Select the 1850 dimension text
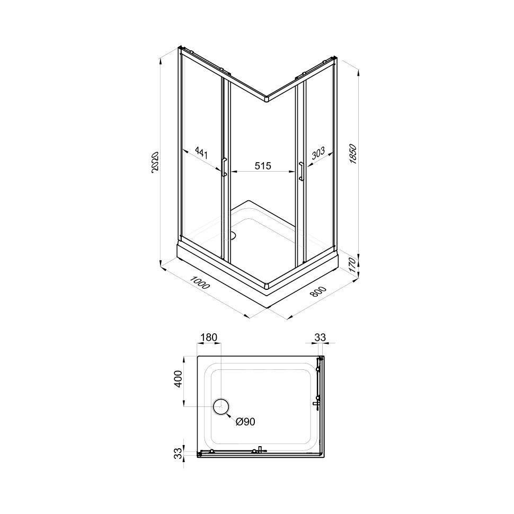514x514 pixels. tap(353, 154)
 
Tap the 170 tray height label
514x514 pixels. tap(352, 265)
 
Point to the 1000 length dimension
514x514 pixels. tap(200, 283)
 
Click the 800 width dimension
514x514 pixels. tap(318, 291)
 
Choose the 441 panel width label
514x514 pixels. tap(201, 153)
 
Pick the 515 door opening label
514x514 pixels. tap(263, 166)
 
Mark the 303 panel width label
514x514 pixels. tap(318, 153)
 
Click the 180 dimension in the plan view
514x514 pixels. tap(209, 338)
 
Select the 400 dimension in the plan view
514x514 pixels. tap(178, 379)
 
